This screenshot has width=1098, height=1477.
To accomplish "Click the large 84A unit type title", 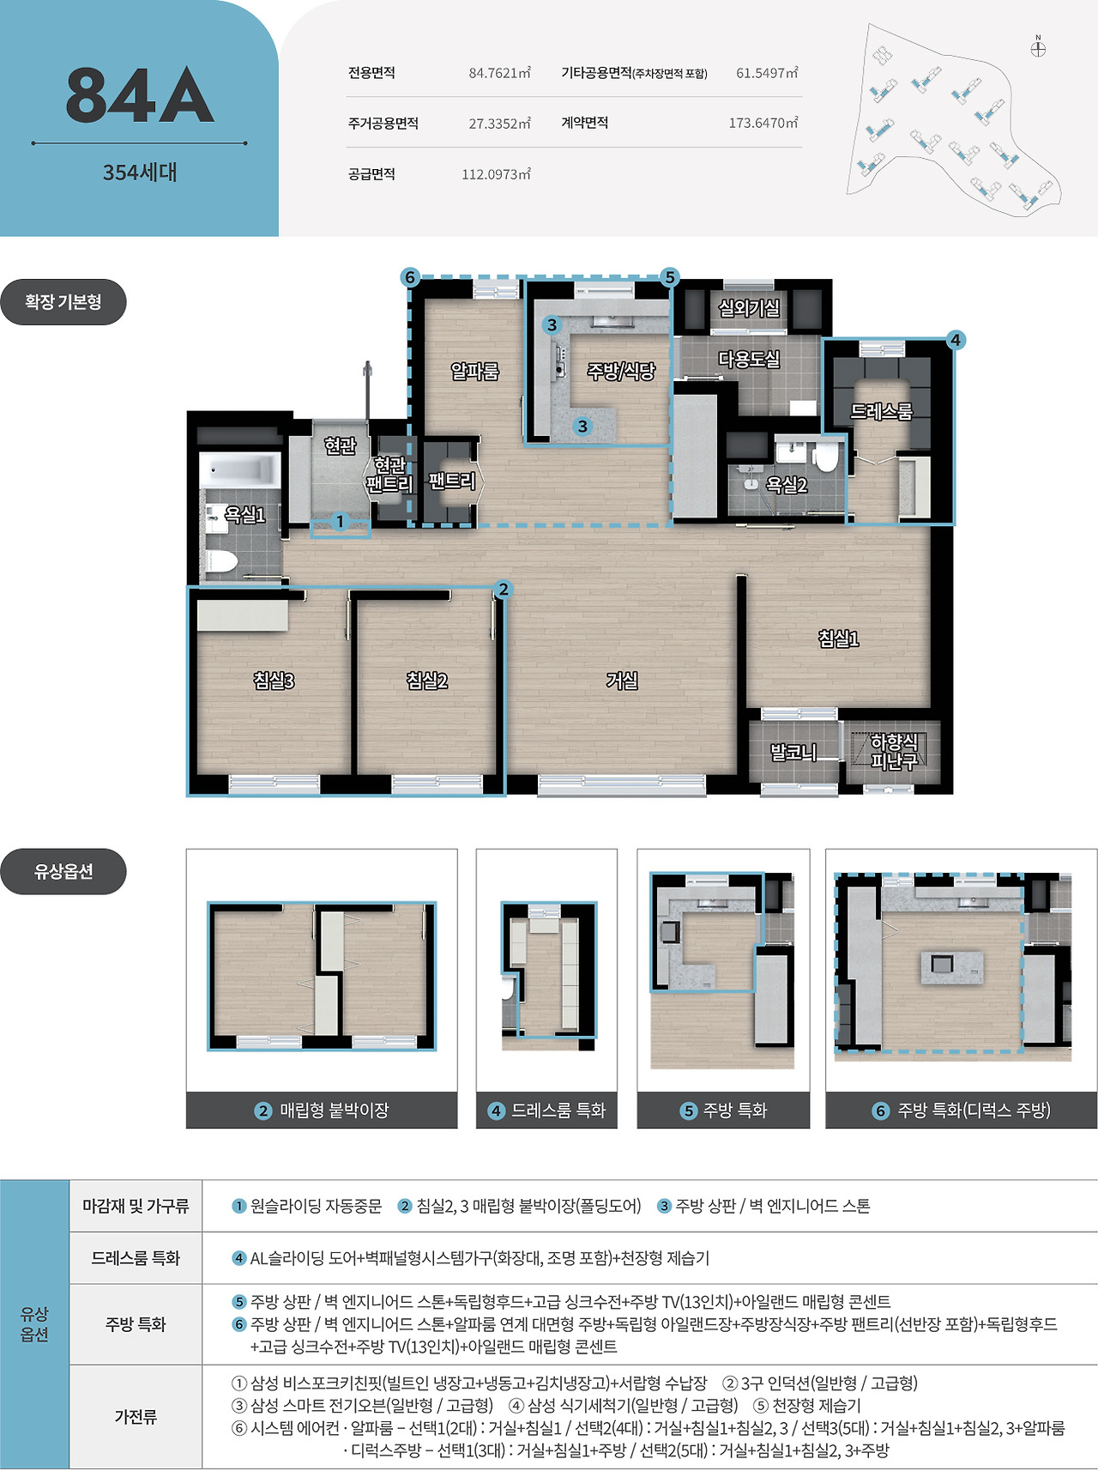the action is tap(140, 95).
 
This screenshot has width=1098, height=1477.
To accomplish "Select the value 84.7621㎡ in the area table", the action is tap(500, 73).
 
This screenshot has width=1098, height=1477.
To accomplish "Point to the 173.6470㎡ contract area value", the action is tap(763, 123).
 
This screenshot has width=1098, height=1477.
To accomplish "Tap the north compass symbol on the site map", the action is tap(1038, 47).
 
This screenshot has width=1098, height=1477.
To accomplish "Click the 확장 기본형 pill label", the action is tap(63, 302).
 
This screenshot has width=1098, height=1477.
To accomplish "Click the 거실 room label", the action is tap(622, 681).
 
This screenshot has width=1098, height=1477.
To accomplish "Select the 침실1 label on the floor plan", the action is tap(838, 638).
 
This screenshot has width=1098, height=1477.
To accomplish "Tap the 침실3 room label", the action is tap(274, 681).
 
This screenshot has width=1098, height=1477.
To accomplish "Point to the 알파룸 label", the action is tap(474, 371).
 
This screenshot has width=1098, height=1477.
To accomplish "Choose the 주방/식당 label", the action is tap(621, 371).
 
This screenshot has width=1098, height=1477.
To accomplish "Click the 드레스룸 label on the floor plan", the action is tap(881, 411).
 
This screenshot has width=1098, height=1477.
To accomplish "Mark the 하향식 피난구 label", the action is tap(894, 751).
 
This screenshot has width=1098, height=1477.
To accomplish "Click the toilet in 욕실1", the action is tap(220, 563).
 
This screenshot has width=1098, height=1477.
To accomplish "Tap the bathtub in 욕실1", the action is tap(239, 469).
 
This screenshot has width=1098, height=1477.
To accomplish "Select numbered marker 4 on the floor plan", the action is tap(956, 340).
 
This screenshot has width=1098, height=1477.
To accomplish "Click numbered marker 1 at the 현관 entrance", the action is tap(340, 521).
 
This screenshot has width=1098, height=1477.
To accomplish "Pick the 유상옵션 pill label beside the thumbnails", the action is tap(63, 872).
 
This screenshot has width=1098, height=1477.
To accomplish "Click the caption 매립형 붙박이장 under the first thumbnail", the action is tap(335, 1111).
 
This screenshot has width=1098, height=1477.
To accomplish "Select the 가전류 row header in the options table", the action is tap(136, 1416).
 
